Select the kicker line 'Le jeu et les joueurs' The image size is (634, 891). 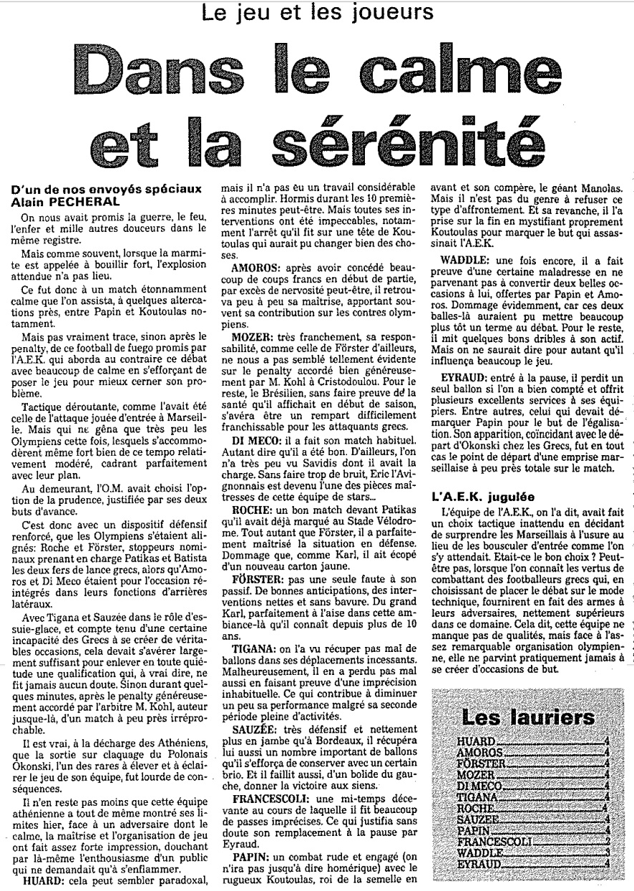317,12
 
